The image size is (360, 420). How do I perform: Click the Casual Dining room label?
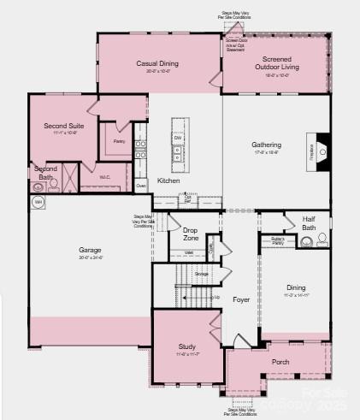click(157, 63)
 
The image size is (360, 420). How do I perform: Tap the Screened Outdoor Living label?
click(275, 63)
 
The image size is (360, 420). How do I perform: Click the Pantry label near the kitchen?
click(119, 141)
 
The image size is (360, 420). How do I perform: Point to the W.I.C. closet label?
click(104, 177)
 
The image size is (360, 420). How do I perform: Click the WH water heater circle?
click(38, 202)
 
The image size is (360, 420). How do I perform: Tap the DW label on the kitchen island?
click(178, 138)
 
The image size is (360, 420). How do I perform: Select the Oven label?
click(141, 185)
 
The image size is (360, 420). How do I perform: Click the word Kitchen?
click(168, 180)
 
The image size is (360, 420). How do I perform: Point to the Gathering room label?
click(266, 145)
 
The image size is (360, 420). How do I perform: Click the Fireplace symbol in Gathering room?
click(318, 149)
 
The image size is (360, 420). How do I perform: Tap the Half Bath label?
click(309, 222)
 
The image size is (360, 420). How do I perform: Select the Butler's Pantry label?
click(277, 240)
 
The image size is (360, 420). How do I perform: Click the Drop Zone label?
click(190, 234)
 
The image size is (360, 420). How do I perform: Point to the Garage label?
click(91, 250)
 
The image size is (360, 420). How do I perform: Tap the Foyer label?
click(241, 299)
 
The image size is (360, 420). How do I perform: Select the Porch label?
click(280, 361)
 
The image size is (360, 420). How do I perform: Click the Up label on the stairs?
click(216, 297)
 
